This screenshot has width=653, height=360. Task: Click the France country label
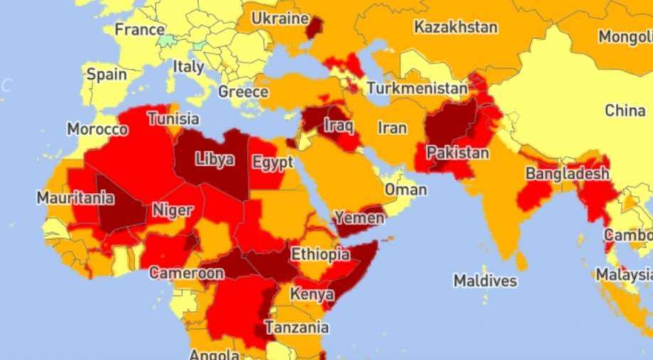pyautogui.click(x=139, y=30)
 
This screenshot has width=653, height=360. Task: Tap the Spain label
pyautogui.click(x=107, y=74)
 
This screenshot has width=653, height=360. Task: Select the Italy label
pyautogui.click(x=189, y=67)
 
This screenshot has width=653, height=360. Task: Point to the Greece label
pyautogui.click(x=243, y=92)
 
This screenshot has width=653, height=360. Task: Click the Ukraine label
pyautogui.click(x=280, y=18)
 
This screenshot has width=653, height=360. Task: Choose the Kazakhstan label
pyautogui.click(x=456, y=28)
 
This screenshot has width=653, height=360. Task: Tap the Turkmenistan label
pyautogui.click(x=418, y=89)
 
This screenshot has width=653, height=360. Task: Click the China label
pyautogui.click(x=625, y=110)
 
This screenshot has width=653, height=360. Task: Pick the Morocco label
pyautogui.click(x=97, y=129)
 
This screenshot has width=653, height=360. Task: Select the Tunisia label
pyautogui.click(x=174, y=119)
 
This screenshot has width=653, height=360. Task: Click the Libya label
pyautogui.click(x=214, y=159)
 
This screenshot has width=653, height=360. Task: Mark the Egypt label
pyautogui.click(x=272, y=162)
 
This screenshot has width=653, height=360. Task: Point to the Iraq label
pyautogui.click(x=339, y=125)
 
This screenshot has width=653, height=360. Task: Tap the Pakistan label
pyautogui.click(x=457, y=152)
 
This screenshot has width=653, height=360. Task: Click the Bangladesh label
pyautogui.click(x=567, y=174)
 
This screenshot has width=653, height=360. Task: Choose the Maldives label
pyautogui.click(x=485, y=280)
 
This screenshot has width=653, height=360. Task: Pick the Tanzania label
pyautogui.click(x=297, y=327)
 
